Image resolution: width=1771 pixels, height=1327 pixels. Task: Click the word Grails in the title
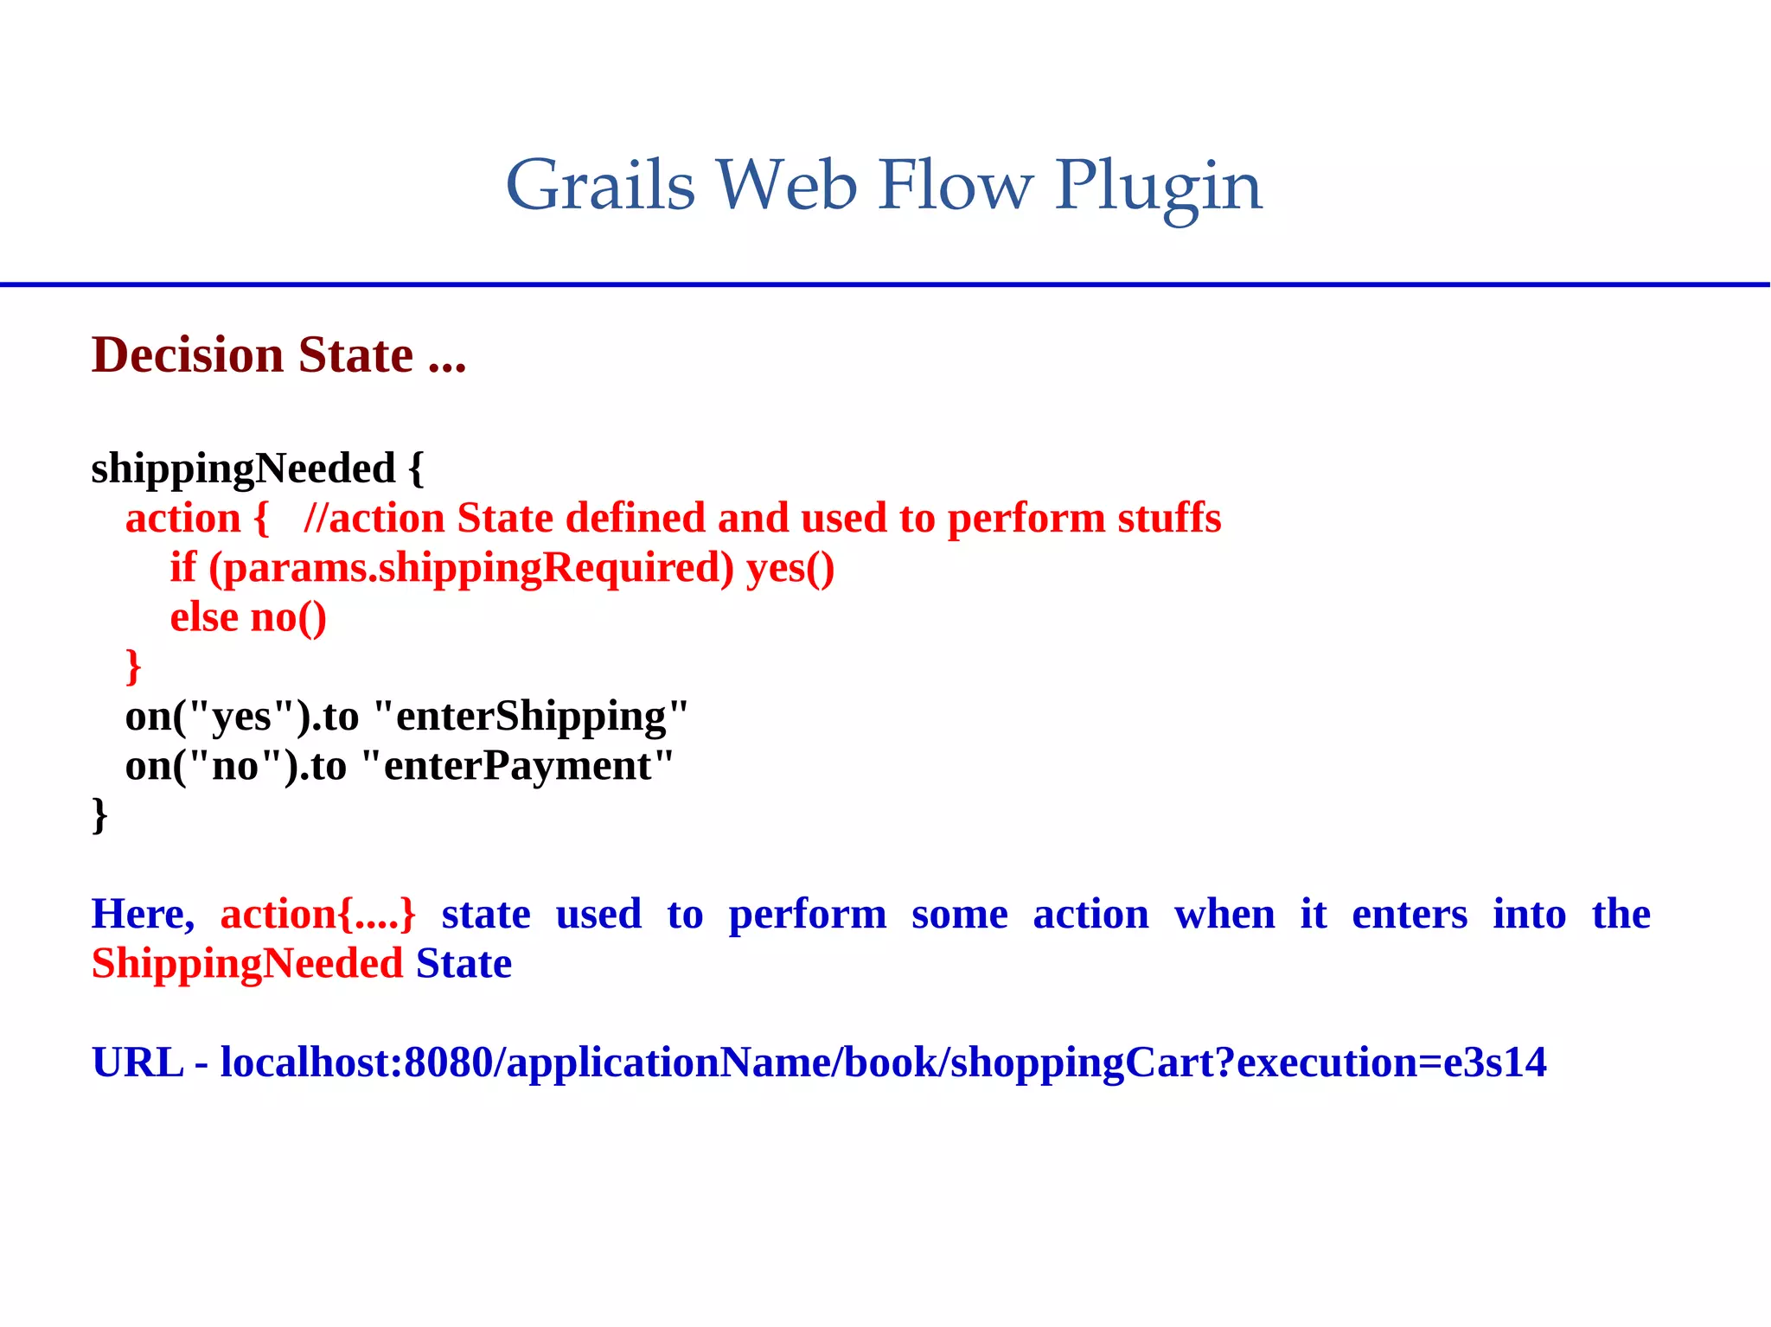600,185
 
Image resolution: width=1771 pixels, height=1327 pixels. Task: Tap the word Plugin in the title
1158,187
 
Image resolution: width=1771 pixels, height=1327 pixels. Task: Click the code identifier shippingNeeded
243,469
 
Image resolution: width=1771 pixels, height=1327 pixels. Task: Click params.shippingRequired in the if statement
471,568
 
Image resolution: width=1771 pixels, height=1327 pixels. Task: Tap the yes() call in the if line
790,568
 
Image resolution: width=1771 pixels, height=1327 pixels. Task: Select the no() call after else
288,617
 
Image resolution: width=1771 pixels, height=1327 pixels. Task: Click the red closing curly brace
133,666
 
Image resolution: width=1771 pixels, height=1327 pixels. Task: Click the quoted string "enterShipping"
531,716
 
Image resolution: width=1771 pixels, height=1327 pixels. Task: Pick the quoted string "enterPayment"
517,765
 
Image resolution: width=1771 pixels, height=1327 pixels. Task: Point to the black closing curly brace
99,814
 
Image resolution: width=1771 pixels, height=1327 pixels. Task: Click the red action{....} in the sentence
317,914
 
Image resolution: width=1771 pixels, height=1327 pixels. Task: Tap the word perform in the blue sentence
807,914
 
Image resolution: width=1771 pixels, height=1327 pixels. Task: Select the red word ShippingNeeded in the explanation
247,963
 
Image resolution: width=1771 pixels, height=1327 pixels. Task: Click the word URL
137,1062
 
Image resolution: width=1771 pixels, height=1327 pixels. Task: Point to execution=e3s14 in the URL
1391,1062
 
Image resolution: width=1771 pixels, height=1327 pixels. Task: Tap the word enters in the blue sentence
1410,914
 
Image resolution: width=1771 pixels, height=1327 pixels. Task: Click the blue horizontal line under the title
885,284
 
